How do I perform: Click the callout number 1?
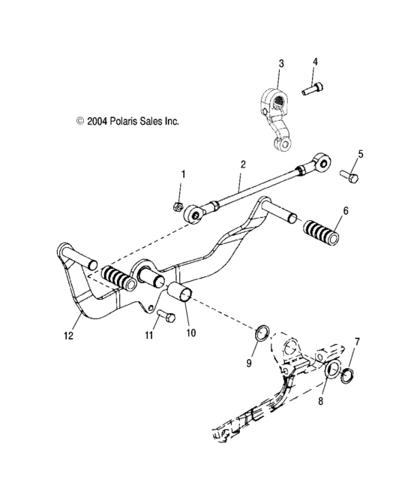[x=181, y=174]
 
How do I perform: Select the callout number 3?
[x=280, y=64]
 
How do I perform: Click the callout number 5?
[x=360, y=154]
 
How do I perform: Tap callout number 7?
[x=357, y=342]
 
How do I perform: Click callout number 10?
[x=188, y=331]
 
